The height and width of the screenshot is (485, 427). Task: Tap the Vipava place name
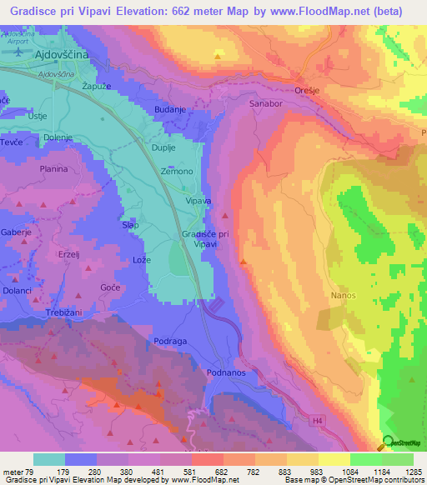198,201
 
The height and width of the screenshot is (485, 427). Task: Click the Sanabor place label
266,103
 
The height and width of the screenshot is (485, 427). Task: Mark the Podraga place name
172,342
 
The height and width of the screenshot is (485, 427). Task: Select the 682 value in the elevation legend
206,471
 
